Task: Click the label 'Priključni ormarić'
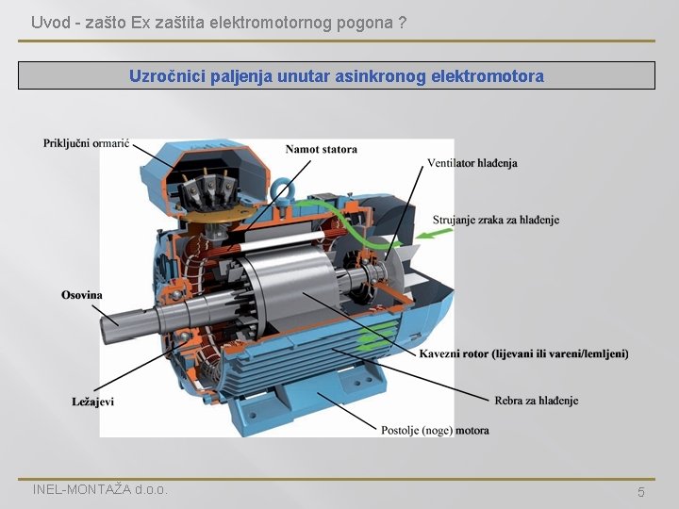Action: coord(87,143)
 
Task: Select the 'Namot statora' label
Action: coord(322,149)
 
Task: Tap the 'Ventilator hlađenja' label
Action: coord(472,163)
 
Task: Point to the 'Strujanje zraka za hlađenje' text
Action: coord(496,220)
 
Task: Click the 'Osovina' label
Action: coord(82,295)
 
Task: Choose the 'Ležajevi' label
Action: coord(92,402)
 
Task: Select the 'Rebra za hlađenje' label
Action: coord(537,401)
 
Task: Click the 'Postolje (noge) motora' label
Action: coord(435,430)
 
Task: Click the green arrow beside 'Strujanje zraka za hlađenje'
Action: coord(434,234)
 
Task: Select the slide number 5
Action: coord(641,492)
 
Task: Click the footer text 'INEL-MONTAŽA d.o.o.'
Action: coord(100,489)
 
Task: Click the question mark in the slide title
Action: coord(403,23)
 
